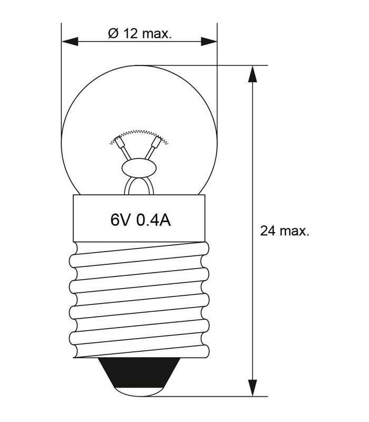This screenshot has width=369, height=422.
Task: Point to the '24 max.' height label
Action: coord(285,231)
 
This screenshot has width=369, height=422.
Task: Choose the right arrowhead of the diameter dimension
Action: coord(209,41)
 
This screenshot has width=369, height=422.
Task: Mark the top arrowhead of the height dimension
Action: coord(254,74)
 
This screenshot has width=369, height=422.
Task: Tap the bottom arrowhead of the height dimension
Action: coord(254,387)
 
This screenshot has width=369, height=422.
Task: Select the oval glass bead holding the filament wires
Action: coord(139,169)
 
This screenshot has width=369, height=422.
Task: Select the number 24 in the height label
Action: coord(267,231)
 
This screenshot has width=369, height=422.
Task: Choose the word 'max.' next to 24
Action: coord(293,231)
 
